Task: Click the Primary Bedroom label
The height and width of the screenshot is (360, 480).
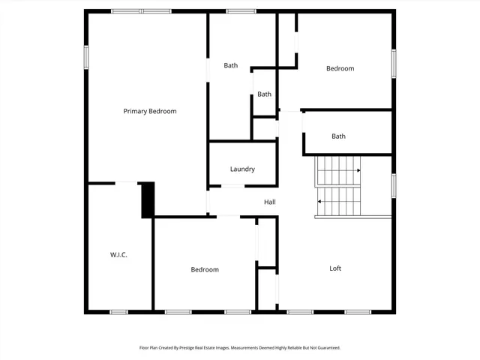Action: pyautogui.click(x=150, y=111)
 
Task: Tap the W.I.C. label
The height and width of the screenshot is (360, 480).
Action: pyautogui.click(x=118, y=255)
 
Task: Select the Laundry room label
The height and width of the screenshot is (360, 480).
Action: pyautogui.click(x=242, y=169)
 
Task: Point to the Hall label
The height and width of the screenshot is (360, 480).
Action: pyautogui.click(x=270, y=202)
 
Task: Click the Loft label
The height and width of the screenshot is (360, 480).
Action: pyautogui.click(x=336, y=268)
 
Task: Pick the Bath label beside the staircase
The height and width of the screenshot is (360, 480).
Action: pyautogui.click(x=339, y=136)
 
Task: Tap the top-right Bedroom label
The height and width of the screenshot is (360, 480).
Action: pyautogui.click(x=340, y=69)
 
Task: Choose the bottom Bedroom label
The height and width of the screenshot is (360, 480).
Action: pyautogui.click(x=204, y=270)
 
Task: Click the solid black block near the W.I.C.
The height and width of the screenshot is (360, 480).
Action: pyautogui.click(x=148, y=199)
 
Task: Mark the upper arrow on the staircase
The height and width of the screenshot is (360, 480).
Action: pyautogui.click(x=358, y=171)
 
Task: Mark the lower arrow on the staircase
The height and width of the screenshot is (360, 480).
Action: pyautogui.click(x=320, y=201)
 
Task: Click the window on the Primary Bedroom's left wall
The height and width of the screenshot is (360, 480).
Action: pyautogui.click(x=86, y=57)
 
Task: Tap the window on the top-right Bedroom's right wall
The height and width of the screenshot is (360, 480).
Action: pyautogui.click(x=393, y=63)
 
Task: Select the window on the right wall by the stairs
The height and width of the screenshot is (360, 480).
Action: pyautogui.click(x=393, y=185)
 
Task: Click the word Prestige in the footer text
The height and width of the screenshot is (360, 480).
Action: pyautogui.click(x=202, y=348)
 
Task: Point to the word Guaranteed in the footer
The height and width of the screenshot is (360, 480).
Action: pyautogui.click(x=326, y=348)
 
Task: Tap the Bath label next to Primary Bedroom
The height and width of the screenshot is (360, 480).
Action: pyautogui.click(x=231, y=65)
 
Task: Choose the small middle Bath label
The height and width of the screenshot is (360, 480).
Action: pyautogui.click(x=264, y=94)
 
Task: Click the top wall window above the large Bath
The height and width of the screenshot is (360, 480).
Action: pyautogui.click(x=241, y=11)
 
